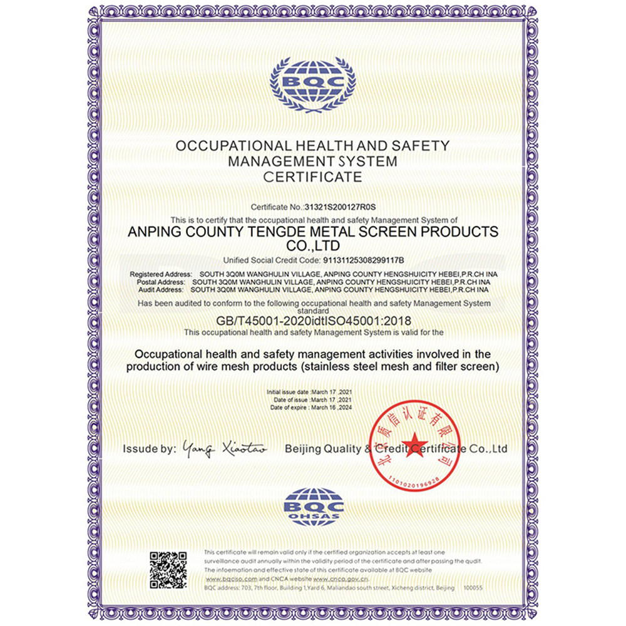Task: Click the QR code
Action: coord(168,570)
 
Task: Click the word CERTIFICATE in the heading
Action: coord(312,177)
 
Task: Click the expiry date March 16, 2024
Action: coord(331,407)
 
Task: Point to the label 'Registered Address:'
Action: coord(160,275)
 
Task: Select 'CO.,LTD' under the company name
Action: coord(313,245)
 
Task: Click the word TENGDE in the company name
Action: coord(300,232)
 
